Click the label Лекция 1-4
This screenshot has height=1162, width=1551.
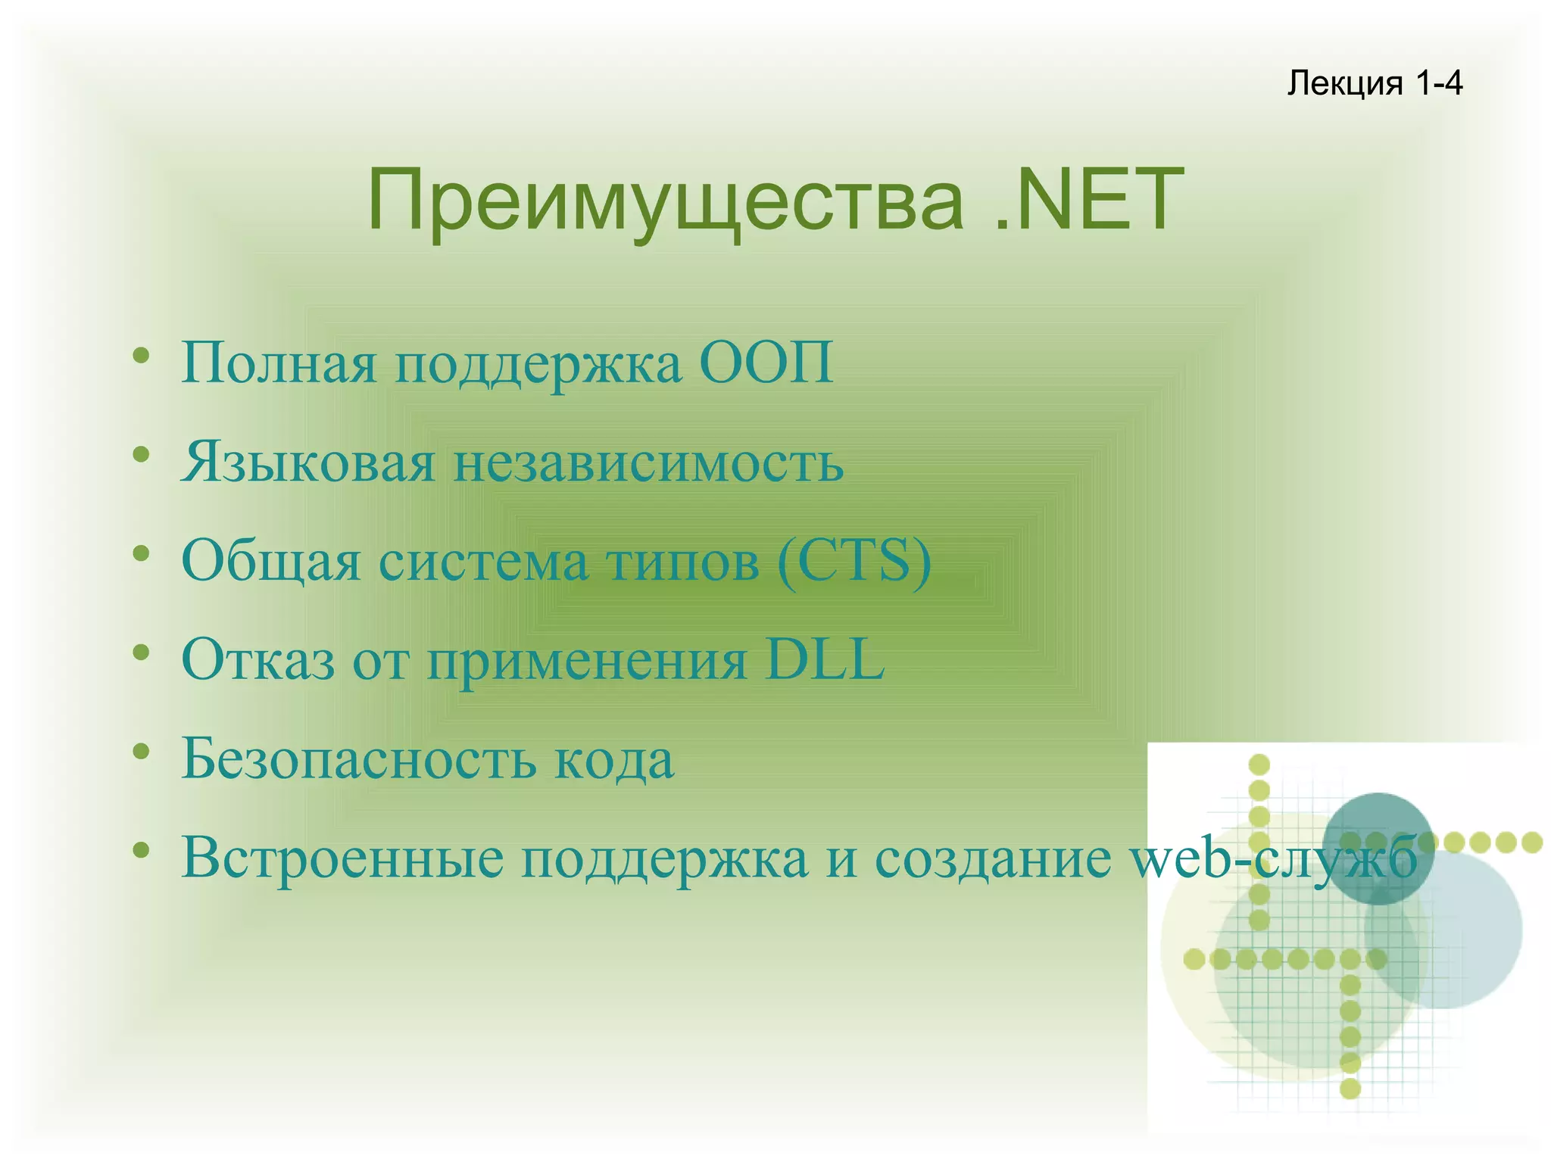pyautogui.click(x=1374, y=83)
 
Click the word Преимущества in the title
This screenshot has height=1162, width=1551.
pyautogui.click(x=666, y=201)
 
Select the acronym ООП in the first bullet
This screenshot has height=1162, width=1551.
pyautogui.click(x=766, y=363)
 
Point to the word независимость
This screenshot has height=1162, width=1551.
pyautogui.click(x=648, y=463)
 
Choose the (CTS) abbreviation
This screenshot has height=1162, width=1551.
pyautogui.click(x=854, y=561)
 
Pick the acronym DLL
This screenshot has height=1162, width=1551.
pyautogui.click(x=825, y=659)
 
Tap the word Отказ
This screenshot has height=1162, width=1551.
pyautogui.click(x=258, y=659)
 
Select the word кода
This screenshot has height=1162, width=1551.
pyautogui.click(x=613, y=759)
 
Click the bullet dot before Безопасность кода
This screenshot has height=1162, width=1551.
pyautogui.click(x=140, y=750)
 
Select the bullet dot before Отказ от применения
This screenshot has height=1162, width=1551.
pyautogui.click(x=140, y=651)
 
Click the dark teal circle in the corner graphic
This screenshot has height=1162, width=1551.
pyautogui.click(x=1378, y=825)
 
